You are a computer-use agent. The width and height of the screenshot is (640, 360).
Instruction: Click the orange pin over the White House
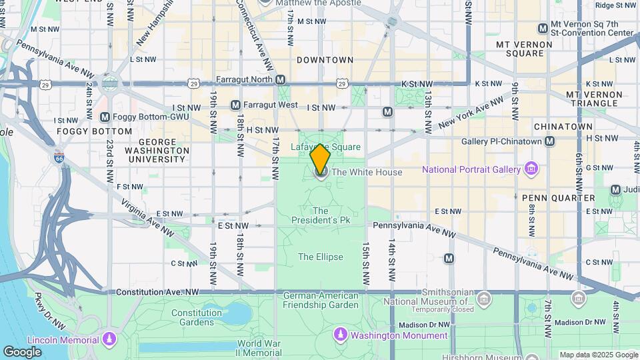point(320,159)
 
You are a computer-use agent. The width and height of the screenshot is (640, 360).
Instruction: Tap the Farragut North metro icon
point(281,79)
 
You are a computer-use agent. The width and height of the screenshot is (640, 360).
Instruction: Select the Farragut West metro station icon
point(235,105)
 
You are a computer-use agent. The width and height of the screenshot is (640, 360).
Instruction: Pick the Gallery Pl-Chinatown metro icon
point(549,141)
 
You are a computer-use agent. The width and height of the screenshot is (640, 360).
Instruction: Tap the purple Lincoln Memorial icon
point(109,341)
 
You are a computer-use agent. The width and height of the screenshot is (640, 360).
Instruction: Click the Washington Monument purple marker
point(341,333)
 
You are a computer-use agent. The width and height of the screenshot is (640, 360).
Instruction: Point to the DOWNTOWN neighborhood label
point(325,60)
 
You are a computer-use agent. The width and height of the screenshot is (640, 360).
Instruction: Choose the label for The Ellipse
point(321,257)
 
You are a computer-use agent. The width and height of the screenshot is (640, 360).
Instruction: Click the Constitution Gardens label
point(196,317)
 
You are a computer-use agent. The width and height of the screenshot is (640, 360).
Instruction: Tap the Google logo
point(22,351)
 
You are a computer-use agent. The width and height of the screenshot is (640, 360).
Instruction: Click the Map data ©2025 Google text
point(598,355)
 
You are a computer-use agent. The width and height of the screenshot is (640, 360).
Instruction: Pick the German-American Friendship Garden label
point(321,300)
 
